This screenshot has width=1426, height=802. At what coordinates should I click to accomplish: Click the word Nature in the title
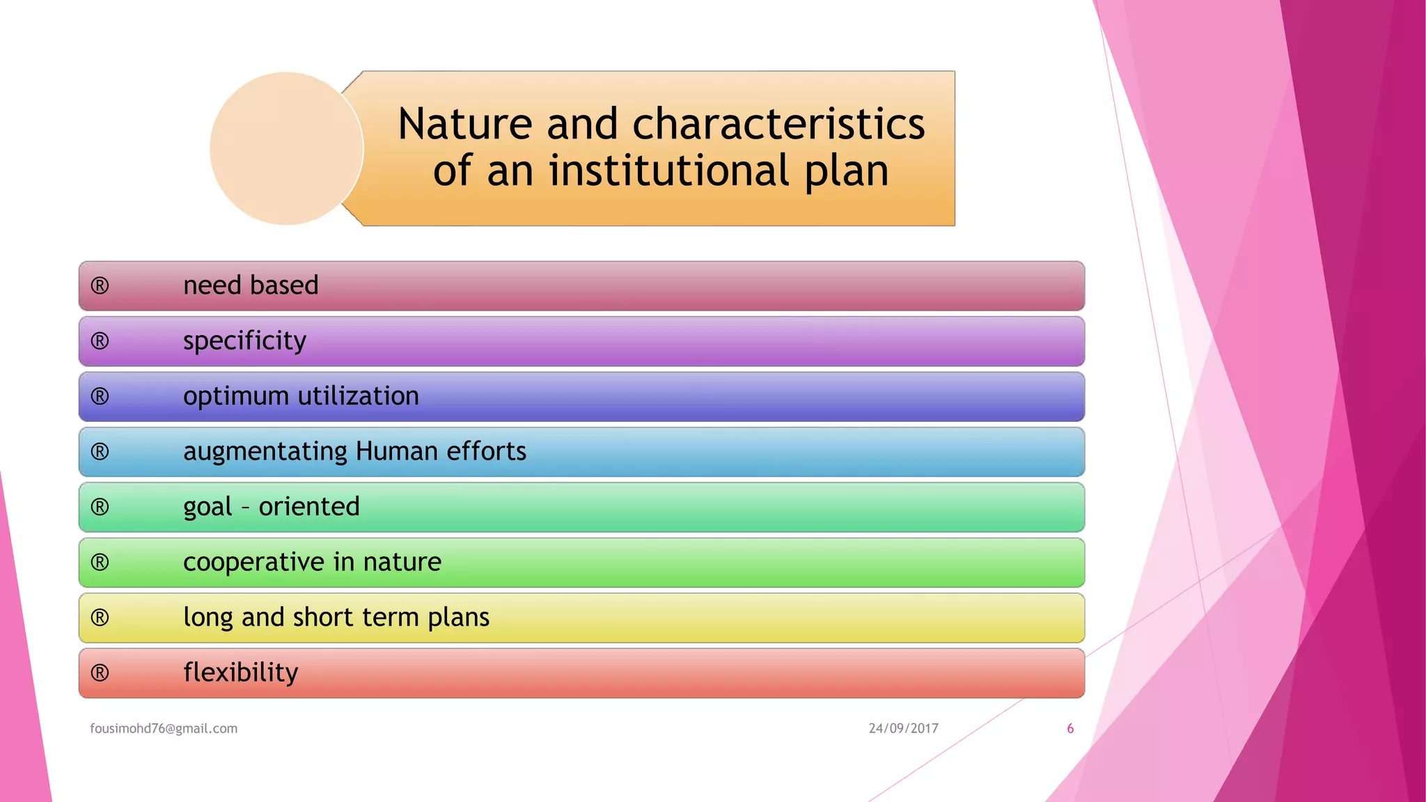[x=465, y=125]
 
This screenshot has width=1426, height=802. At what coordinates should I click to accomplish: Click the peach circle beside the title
[x=286, y=148]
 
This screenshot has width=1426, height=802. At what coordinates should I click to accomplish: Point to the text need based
[x=251, y=285]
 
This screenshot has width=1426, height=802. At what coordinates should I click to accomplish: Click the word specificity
[x=244, y=341]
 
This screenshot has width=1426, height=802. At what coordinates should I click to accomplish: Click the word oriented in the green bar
[x=309, y=507]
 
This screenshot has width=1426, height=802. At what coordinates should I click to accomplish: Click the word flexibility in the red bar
[x=240, y=673]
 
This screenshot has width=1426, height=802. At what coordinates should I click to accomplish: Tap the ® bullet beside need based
[x=100, y=285]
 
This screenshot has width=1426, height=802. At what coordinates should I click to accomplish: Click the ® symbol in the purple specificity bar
[x=100, y=341]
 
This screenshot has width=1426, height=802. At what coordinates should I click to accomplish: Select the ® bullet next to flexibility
[x=100, y=673]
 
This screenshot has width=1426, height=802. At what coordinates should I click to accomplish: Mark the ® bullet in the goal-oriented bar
[x=100, y=507]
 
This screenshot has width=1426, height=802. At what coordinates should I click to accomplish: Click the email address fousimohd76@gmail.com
[x=164, y=728]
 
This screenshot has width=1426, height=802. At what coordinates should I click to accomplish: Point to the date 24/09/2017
[x=903, y=728]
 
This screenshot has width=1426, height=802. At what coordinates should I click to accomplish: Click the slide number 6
[x=1070, y=728]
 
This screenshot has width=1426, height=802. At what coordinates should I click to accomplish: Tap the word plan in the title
[x=847, y=171]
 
